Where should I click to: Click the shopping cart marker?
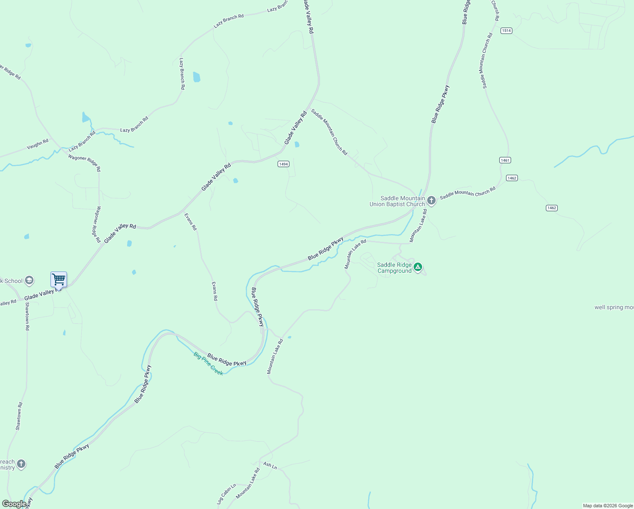point(58,280)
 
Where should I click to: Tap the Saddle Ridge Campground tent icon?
point(418,267)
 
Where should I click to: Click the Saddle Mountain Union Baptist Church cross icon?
point(431,200)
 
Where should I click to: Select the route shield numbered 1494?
point(284,164)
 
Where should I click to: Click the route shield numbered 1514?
point(506,31)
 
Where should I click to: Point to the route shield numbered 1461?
point(505,160)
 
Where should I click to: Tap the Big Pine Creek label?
point(208,364)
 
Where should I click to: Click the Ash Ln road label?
point(270,466)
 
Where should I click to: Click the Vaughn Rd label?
point(38,144)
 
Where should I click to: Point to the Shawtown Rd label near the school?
point(27,316)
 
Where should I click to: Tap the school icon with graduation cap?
point(29,280)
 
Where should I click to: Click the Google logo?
point(14,504)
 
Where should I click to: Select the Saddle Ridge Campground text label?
point(394,268)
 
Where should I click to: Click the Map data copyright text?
point(607,506)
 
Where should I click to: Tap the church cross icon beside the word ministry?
point(21,464)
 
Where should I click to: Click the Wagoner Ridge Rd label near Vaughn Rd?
point(85,162)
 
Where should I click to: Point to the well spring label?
point(614,308)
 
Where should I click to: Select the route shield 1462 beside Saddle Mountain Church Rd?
point(512,178)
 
